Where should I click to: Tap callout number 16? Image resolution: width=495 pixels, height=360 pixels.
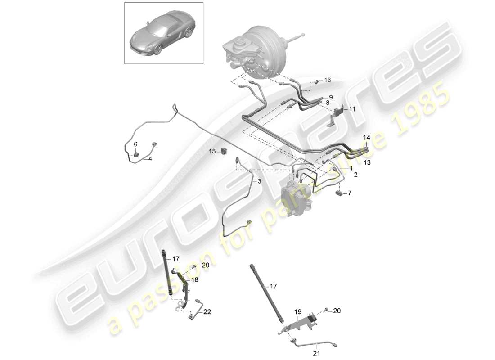point(328,80)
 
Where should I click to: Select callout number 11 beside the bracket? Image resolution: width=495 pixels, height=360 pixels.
point(352,109)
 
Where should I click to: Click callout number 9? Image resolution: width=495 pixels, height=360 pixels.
point(330,97)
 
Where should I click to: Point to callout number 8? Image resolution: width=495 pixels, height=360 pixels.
point(327,103)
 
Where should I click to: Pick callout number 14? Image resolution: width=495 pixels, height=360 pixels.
point(367,137)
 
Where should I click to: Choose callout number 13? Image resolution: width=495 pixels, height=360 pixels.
point(367,162)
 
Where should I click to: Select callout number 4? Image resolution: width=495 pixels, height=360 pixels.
point(150,159)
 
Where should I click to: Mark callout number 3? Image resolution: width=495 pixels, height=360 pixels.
point(259,181)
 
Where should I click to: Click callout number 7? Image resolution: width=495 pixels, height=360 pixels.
point(351,193)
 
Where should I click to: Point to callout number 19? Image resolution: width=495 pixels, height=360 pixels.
point(297,311)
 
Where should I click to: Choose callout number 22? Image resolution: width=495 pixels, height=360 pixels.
point(207,311)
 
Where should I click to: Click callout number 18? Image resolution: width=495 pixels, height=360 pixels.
point(195,279)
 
